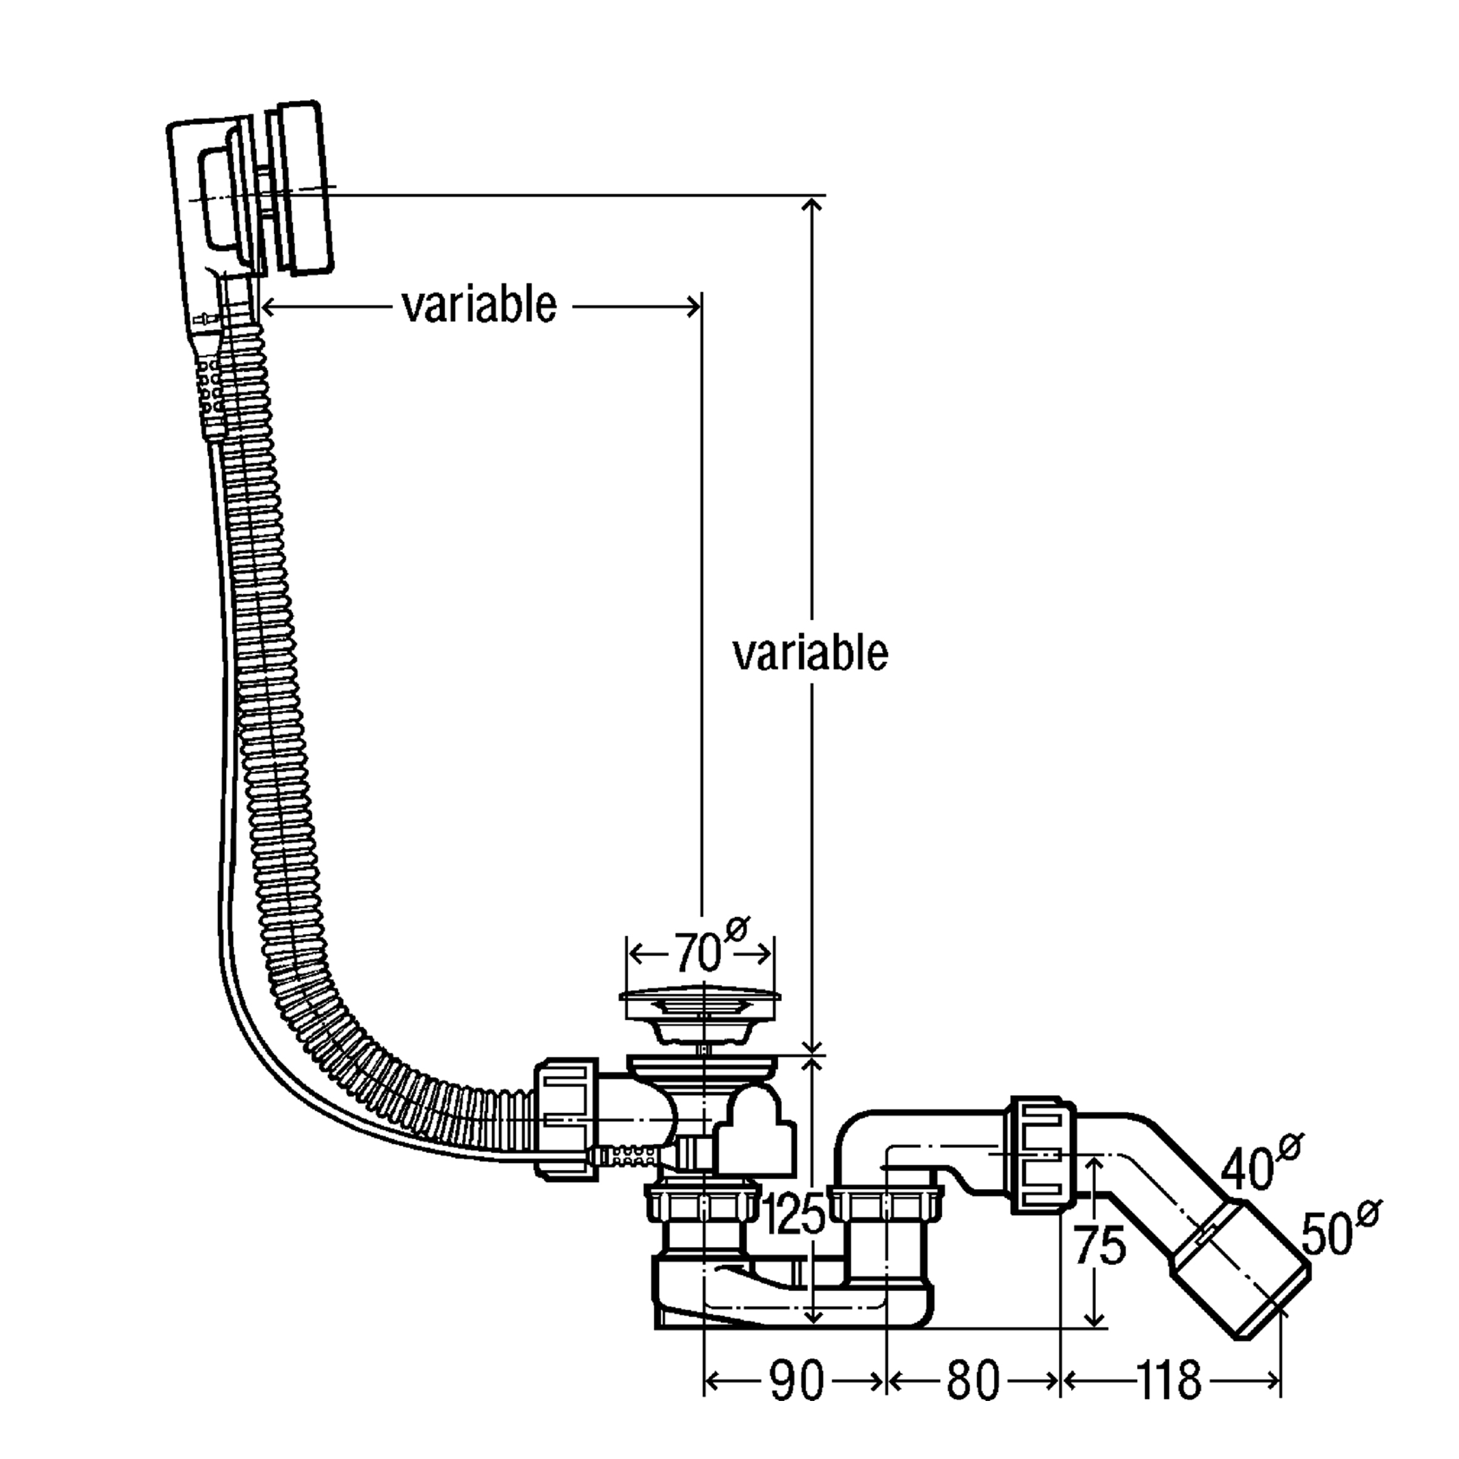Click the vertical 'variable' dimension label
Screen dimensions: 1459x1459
click(x=810, y=654)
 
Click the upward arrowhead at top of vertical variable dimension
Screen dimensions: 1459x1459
click(x=812, y=206)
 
